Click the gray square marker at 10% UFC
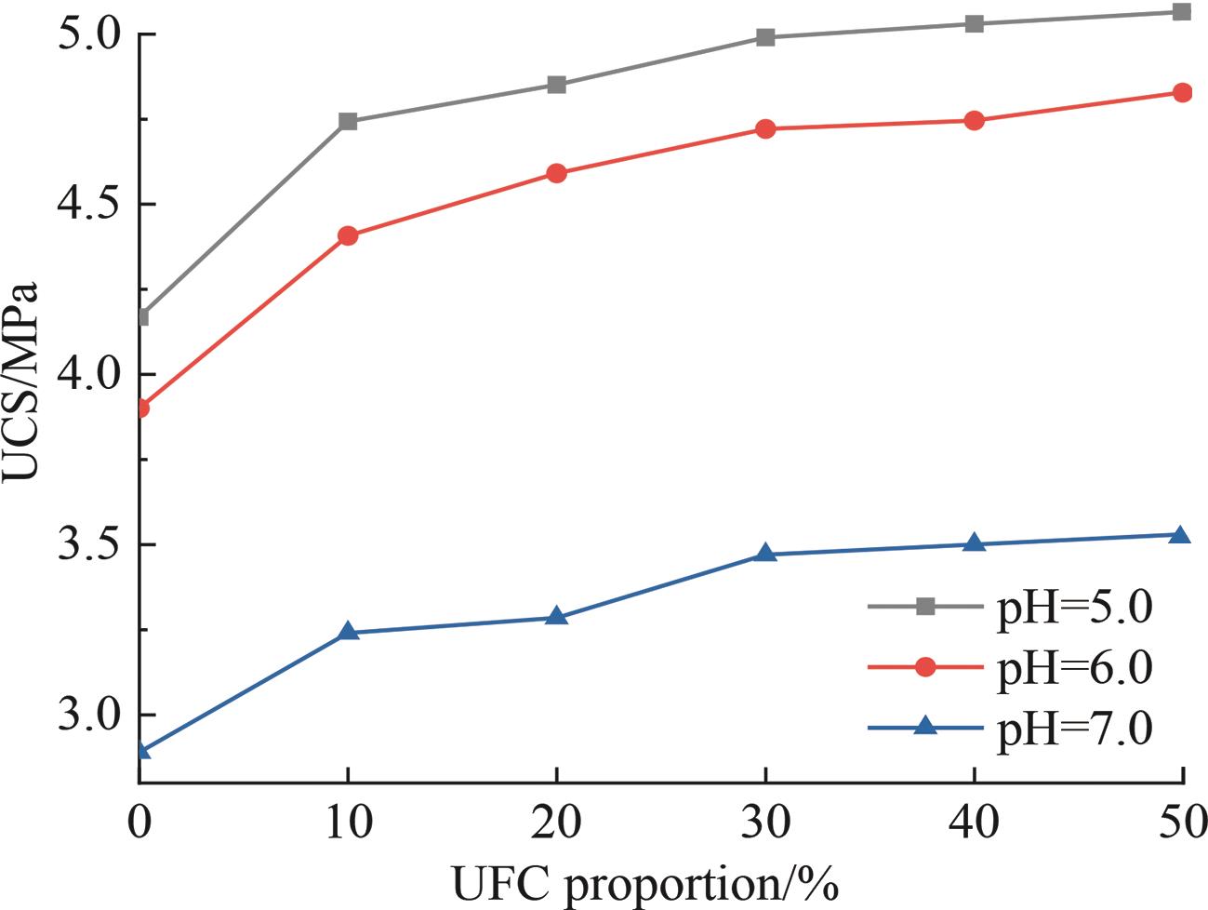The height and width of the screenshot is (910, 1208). [x=349, y=121]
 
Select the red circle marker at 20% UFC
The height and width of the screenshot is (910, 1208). [x=557, y=173]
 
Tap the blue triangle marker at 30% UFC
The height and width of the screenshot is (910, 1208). [x=765, y=554]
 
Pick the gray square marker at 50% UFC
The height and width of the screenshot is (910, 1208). [x=1182, y=12]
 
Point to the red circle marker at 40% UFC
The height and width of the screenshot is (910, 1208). [x=974, y=120]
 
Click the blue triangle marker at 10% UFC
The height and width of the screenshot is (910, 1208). [x=349, y=632]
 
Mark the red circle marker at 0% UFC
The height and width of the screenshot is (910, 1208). [x=141, y=408]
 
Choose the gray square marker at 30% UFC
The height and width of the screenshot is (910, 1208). [x=765, y=37]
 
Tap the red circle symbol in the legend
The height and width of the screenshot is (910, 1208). [x=925, y=667]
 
